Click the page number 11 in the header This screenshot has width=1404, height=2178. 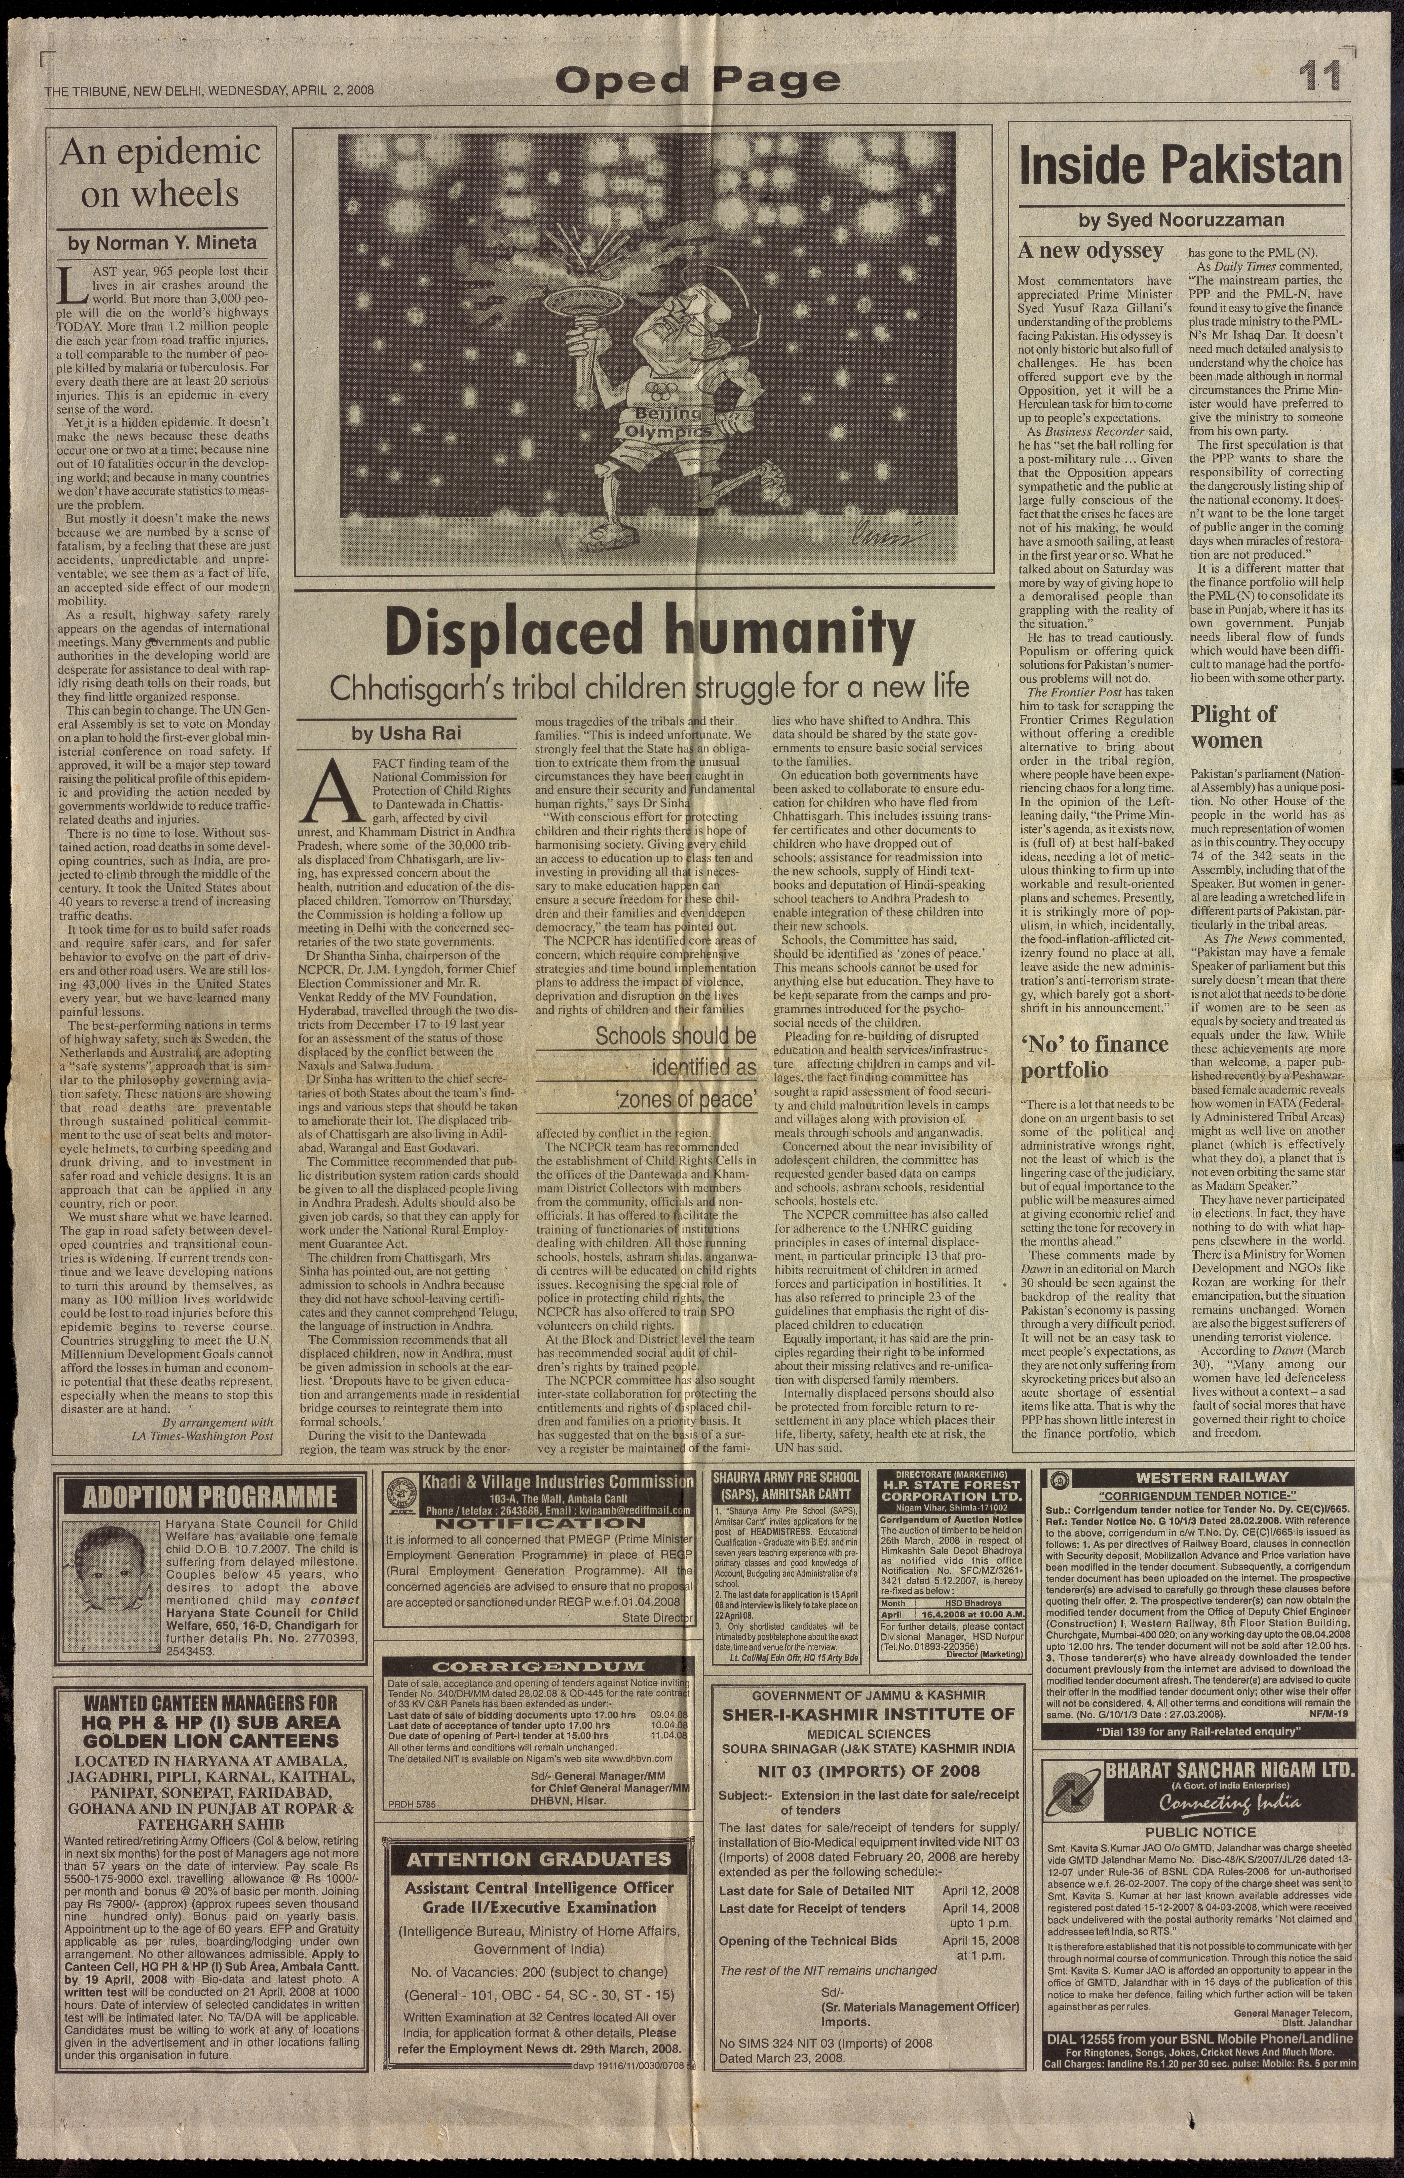click(1320, 77)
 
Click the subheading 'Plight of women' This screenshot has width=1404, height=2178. click(1233, 726)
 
